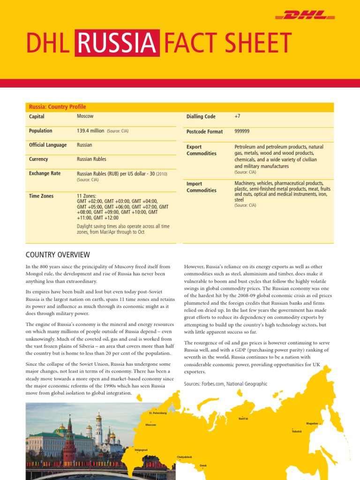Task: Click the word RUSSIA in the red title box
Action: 117,43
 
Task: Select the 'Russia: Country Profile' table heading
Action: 58,107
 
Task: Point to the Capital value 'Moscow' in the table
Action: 85,116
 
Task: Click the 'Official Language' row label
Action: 48,145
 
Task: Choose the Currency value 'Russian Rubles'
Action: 92,159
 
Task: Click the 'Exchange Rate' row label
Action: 45,173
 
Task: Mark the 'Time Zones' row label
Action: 41,196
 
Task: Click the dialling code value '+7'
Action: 237,116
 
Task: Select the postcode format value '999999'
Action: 242,132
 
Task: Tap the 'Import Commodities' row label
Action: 202,187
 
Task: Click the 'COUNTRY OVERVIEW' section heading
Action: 57,255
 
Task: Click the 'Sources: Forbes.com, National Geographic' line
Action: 226,384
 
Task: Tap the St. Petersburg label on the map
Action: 157,413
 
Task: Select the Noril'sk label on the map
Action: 243,418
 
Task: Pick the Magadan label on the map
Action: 312,423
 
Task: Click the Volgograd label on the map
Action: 141,450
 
